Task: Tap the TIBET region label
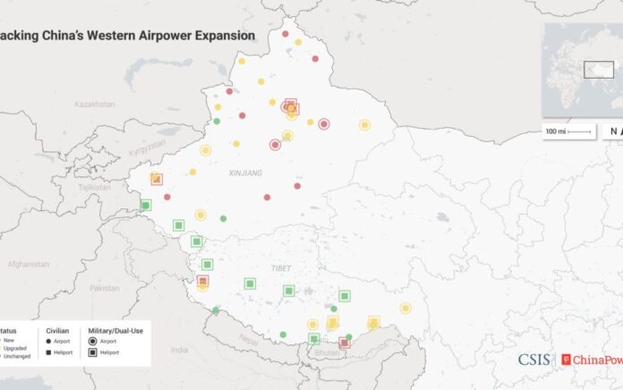click(281, 268)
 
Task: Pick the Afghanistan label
click(29, 264)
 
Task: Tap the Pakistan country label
click(105, 287)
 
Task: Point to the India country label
click(179, 350)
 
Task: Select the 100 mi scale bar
click(568, 131)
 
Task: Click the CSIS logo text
click(536, 360)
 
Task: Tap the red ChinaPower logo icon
click(564, 360)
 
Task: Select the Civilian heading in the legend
click(59, 330)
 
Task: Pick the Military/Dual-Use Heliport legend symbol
click(94, 352)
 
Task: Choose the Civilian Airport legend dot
click(49, 342)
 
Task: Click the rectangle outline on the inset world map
click(596, 69)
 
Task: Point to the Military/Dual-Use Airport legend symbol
click(94, 342)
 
